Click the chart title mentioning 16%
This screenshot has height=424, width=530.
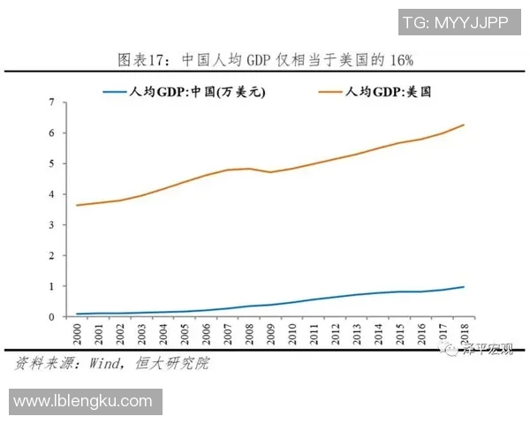[x=265, y=60]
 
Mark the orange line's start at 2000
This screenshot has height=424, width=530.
[x=78, y=205]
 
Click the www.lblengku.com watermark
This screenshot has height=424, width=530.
[x=83, y=401]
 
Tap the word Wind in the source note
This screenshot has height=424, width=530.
[x=110, y=363]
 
